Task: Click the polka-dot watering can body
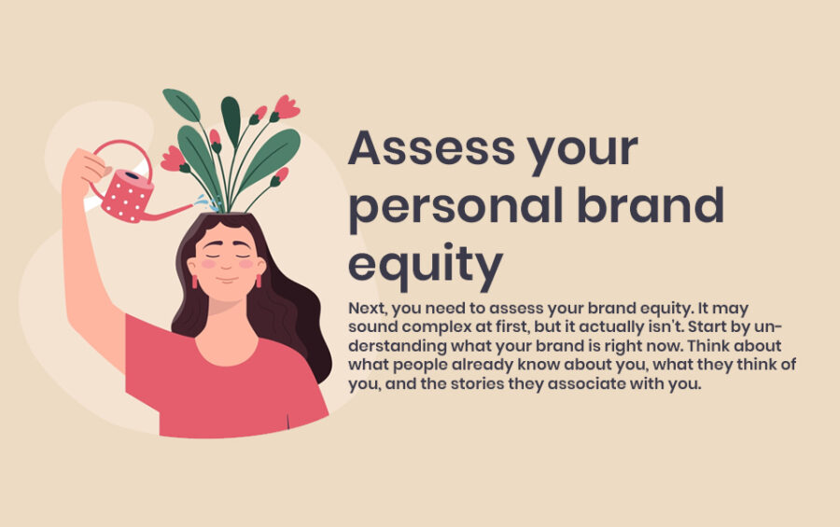pos(128,195)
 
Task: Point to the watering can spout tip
pos(192,213)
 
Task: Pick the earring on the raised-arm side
pos(195,280)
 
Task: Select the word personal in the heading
pos(450,207)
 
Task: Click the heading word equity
pos(425,264)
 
